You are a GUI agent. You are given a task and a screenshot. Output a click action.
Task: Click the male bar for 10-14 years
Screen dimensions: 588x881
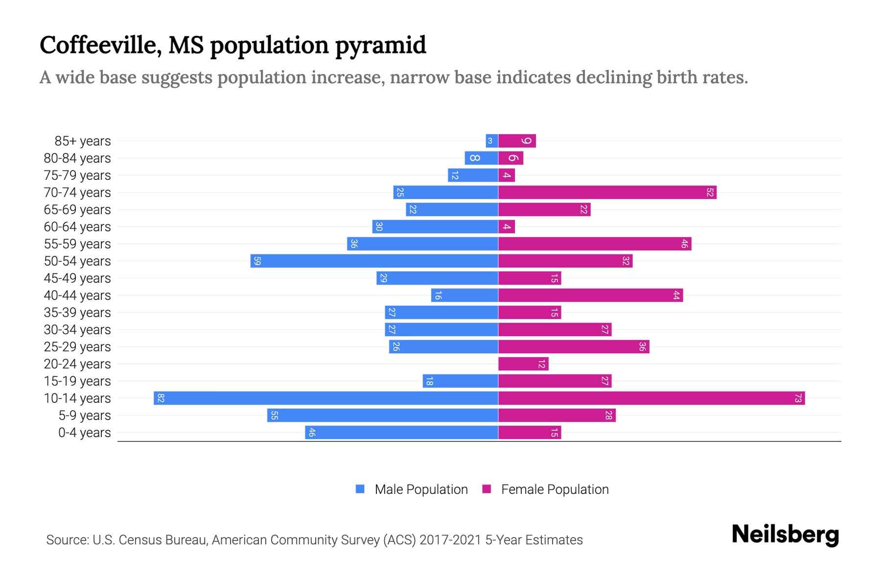click(x=326, y=398)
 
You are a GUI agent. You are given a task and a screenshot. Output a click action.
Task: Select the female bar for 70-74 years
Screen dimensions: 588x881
click(x=607, y=193)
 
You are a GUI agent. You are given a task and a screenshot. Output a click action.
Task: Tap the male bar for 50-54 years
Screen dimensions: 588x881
click(x=374, y=261)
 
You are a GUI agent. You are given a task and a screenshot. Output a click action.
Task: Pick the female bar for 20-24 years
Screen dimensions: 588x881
click(x=523, y=364)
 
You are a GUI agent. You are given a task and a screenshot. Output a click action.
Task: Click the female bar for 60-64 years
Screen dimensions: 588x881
click(x=507, y=227)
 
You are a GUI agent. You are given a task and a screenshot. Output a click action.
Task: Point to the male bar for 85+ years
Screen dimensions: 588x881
click(x=492, y=141)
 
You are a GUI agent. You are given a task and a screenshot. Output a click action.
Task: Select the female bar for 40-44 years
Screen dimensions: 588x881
click(x=590, y=295)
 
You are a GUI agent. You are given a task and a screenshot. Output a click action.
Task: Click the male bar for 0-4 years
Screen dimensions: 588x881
click(x=401, y=433)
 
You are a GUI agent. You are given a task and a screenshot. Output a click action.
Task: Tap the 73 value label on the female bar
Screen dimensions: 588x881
click(x=798, y=398)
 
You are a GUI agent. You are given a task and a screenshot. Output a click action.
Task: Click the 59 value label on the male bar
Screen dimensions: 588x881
click(x=257, y=261)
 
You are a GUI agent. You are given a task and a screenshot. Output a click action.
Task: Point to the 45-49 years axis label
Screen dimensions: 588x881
click(x=77, y=278)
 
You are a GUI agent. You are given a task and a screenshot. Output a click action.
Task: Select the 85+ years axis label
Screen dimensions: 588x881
click(x=83, y=141)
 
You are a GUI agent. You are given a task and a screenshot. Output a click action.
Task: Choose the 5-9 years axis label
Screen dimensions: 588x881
click(x=85, y=416)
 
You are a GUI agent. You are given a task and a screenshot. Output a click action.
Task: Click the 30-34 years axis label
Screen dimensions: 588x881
click(x=77, y=330)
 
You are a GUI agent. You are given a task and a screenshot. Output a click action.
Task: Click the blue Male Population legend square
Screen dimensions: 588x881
click(x=360, y=489)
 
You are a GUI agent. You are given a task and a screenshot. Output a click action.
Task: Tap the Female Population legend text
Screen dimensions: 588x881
click(x=555, y=490)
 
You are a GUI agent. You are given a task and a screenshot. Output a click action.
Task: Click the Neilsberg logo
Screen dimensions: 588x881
click(x=785, y=535)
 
